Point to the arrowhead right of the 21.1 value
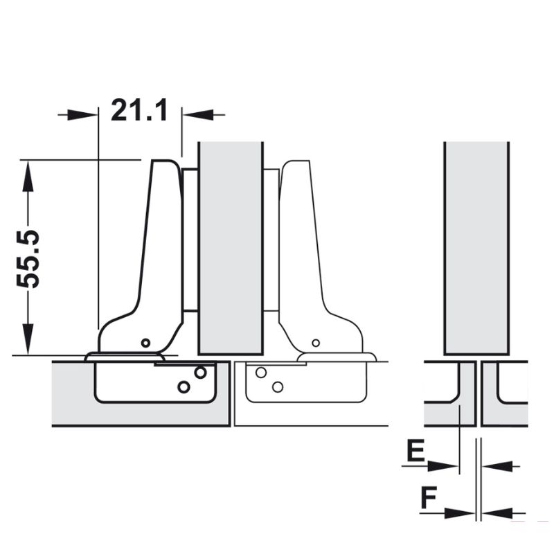tap(197, 114)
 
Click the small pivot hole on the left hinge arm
tap(145, 343)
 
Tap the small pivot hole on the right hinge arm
tap(316, 343)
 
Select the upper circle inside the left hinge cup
tap(200, 373)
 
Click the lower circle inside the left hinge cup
tap(184, 386)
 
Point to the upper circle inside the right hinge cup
tap(261, 373)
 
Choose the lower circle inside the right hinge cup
tap(278, 386)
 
